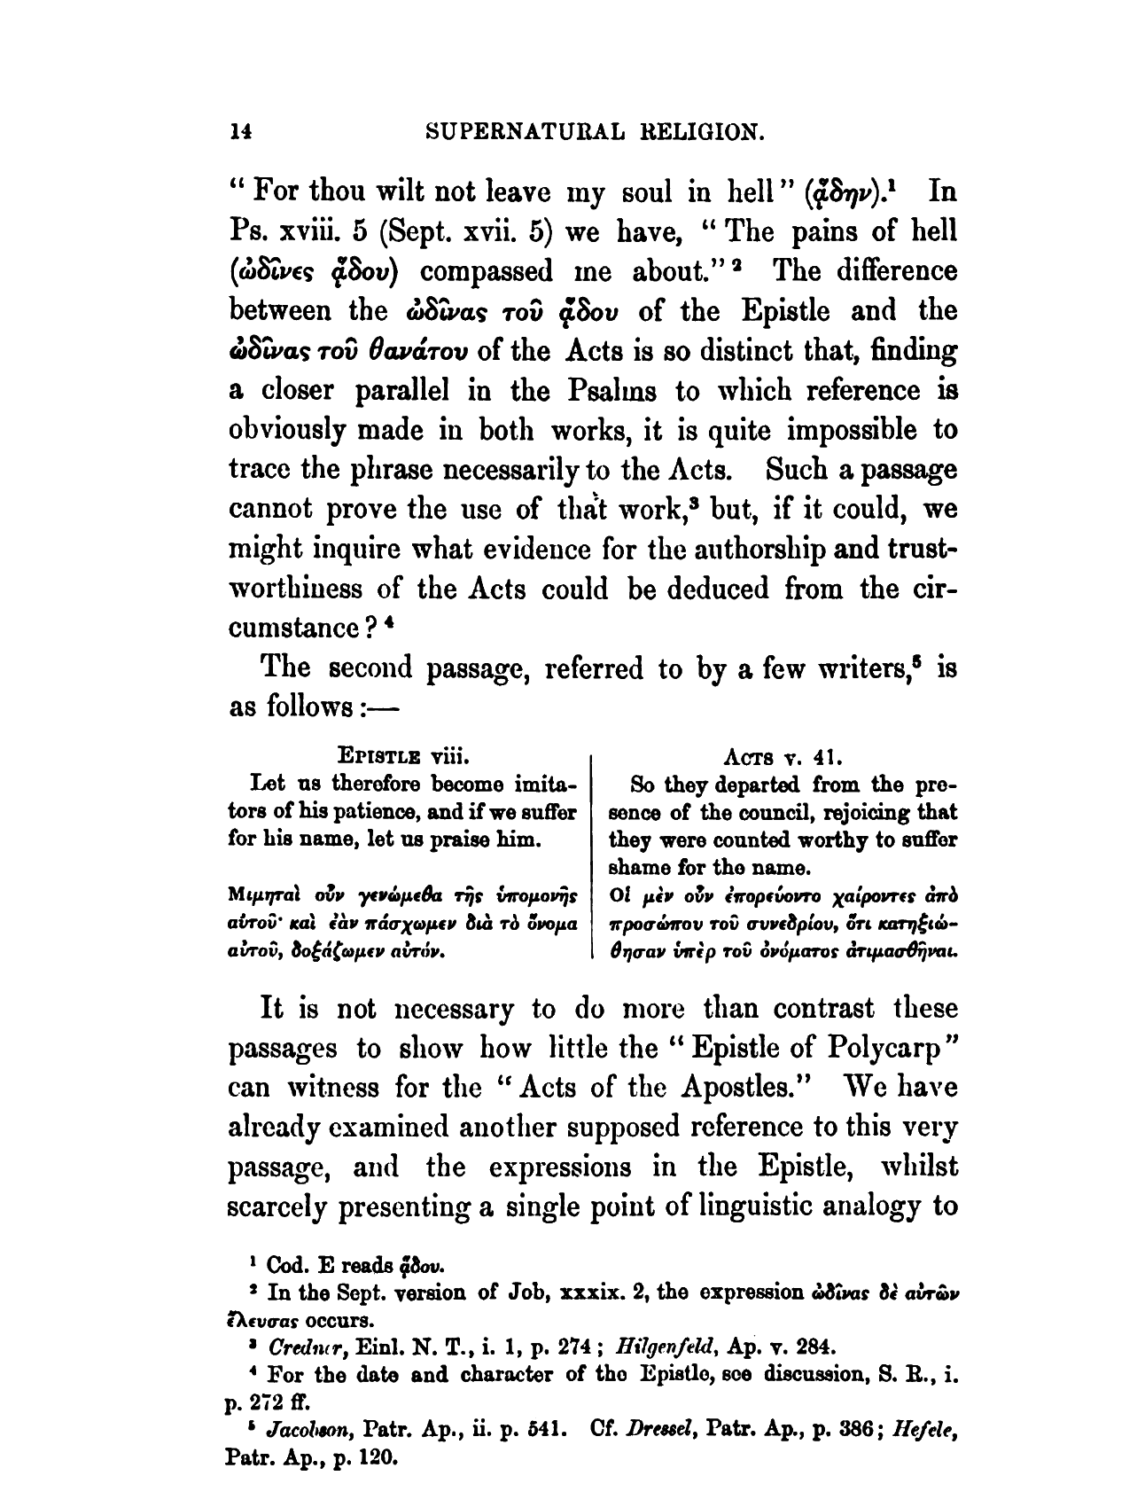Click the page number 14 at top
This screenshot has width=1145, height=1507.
[x=240, y=132]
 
